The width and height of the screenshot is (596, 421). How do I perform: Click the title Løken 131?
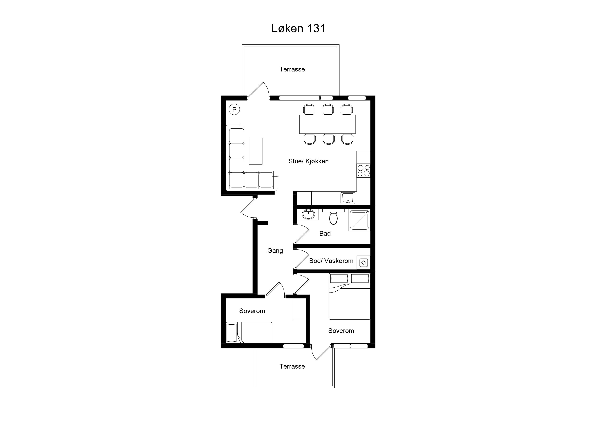point(298,29)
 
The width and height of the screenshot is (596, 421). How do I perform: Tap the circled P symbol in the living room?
point(234,109)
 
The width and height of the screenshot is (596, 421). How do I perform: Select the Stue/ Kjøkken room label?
point(308,161)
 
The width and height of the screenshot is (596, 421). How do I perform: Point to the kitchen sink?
point(348,198)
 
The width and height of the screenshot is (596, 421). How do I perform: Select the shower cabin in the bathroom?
point(359,220)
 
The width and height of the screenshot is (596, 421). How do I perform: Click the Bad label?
point(325,233)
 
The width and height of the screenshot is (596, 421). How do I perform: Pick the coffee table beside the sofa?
point(255,151)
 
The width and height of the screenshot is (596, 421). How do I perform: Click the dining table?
point(327,124)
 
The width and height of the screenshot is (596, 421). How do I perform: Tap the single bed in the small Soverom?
point(249,333)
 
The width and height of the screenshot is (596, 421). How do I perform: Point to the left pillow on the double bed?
point(339,279)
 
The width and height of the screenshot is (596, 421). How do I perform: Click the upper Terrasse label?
point(292,69)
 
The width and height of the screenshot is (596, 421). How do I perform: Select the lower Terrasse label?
point(292,366)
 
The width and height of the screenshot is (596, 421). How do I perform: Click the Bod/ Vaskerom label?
point(331,261)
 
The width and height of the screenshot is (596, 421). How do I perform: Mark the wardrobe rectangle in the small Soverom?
point(300,309)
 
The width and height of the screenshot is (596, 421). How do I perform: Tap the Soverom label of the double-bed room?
point(341,331)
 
